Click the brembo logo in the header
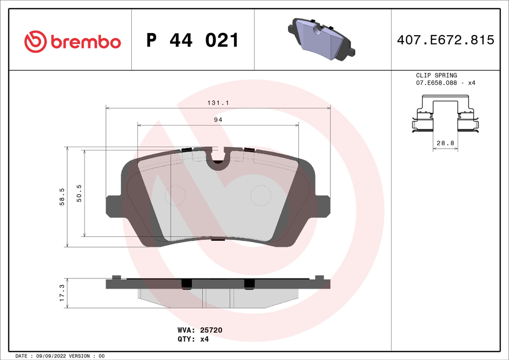73,41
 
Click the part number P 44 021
192,41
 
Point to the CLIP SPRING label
436,75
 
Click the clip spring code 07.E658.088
436,82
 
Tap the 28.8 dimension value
445,143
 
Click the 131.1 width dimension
218,102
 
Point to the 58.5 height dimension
62,197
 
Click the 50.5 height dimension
79,193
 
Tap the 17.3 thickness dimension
62,293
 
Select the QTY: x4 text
193,339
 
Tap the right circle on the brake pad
261,195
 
